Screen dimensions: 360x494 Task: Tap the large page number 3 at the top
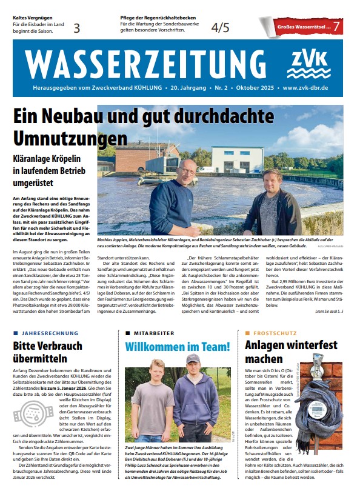(77, 27)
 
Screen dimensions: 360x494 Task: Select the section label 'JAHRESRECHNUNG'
(50, 333)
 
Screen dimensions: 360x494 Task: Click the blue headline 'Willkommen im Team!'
(178, 347)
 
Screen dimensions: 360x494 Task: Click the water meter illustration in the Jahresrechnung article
(31, 413)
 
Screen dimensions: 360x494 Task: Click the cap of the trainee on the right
(194, 358)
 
